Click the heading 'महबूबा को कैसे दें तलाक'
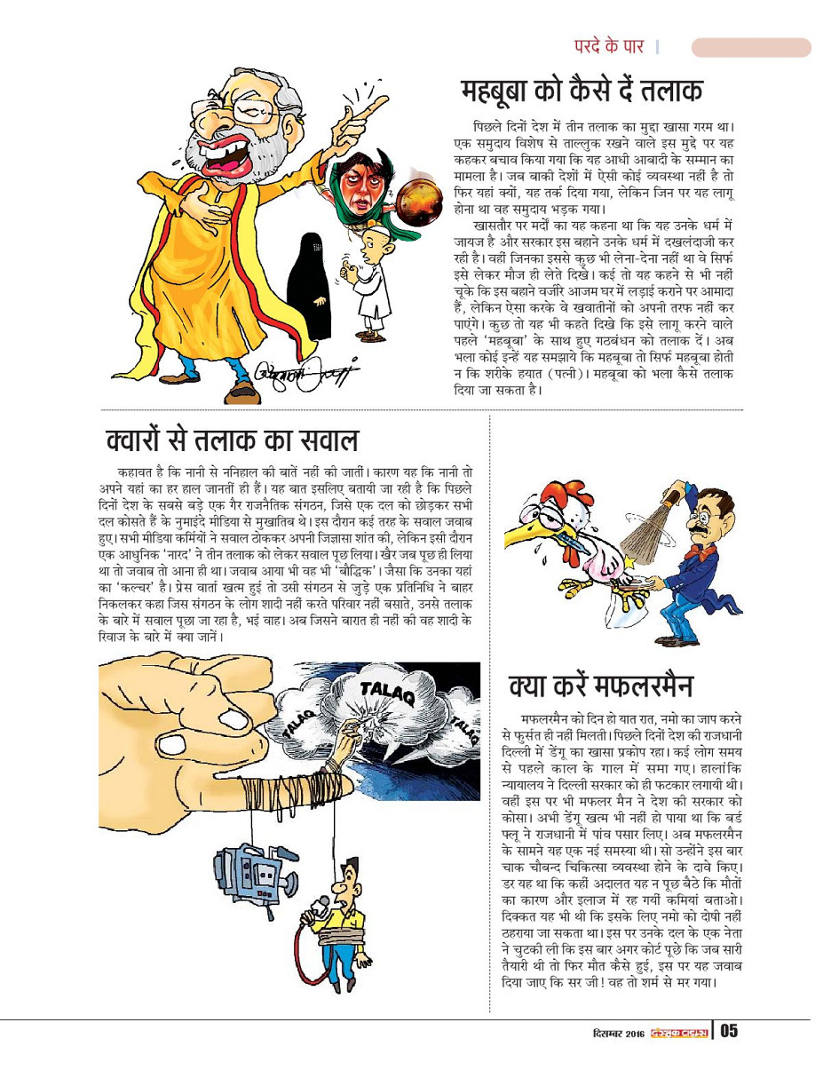[582, 91]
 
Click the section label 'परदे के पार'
[608, 46]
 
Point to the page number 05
[729, 1031]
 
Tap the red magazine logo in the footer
[679, 1032]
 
